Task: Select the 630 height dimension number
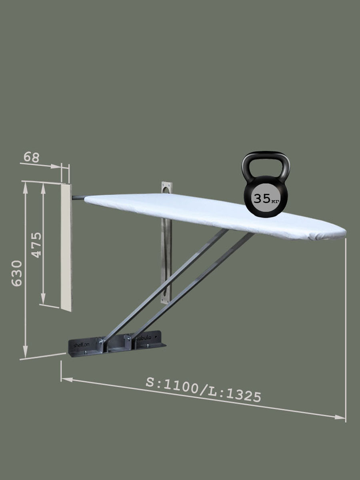click(x=17, y=273)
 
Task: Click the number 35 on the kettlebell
click(x=262, y=198)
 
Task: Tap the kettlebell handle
click(x=266, y=164)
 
